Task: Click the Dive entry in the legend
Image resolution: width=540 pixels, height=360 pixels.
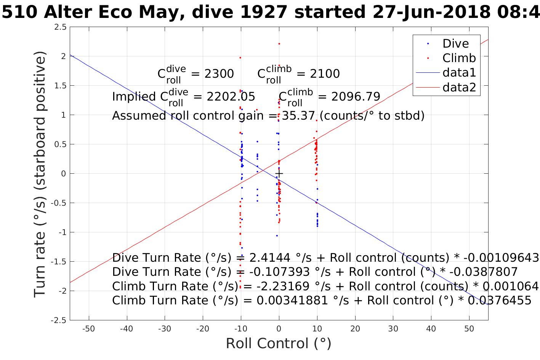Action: (455, 43)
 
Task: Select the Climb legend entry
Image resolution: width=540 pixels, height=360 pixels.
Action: (459, 58)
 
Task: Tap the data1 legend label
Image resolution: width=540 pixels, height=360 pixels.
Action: (459, 73)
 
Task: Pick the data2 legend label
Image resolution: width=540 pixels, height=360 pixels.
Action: (459, 88)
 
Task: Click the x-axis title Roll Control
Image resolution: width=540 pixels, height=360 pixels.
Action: (279, 343)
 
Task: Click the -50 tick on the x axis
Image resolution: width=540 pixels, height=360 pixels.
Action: (88, 329)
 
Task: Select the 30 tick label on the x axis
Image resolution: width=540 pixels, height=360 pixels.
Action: (393, 329)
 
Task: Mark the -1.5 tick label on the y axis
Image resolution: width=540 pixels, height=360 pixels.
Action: (59, 262)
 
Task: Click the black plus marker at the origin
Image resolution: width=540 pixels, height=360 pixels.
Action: (279, 174)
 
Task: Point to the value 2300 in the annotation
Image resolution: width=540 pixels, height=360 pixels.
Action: (219, 74)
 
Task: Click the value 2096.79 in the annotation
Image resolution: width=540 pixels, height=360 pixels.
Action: (356, 97)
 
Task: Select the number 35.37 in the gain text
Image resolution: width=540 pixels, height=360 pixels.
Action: (299, 115)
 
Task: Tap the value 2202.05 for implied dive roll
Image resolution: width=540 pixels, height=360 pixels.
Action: (231, 97)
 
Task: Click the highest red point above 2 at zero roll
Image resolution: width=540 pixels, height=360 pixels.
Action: (279, 44)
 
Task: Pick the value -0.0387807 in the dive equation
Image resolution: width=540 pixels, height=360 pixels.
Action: (484, 272)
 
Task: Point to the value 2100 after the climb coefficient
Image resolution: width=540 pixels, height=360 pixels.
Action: (325, 74)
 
